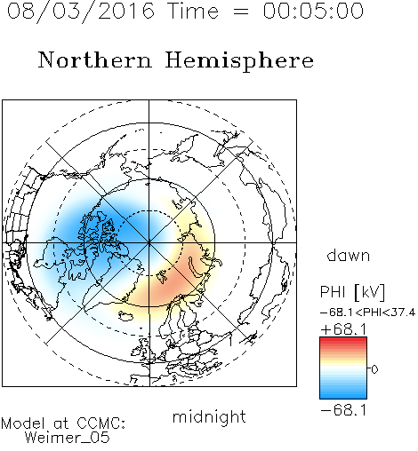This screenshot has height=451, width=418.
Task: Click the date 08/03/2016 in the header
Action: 81,12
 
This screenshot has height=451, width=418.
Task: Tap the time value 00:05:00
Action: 313,11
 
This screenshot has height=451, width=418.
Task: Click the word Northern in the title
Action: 95,59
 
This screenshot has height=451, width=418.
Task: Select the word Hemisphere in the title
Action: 239,61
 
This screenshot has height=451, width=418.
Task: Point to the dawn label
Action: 349,256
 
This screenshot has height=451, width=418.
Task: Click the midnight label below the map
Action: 209,416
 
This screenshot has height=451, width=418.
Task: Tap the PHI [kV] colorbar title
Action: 352,292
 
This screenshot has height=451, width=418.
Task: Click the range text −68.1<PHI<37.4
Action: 368,313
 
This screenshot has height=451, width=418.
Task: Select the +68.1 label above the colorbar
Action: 343,329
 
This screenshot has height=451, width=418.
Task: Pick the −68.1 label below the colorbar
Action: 343,410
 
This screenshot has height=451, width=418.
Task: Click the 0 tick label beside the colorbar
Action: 374,369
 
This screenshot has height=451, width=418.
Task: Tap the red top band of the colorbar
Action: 343,340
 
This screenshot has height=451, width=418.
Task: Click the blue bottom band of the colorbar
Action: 343,395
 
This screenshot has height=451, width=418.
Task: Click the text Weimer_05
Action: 68,438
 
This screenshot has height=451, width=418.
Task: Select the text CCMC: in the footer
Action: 101,423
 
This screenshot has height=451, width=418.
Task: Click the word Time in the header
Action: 193,11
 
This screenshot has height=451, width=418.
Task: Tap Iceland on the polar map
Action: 127,316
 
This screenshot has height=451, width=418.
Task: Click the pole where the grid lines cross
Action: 149,242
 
